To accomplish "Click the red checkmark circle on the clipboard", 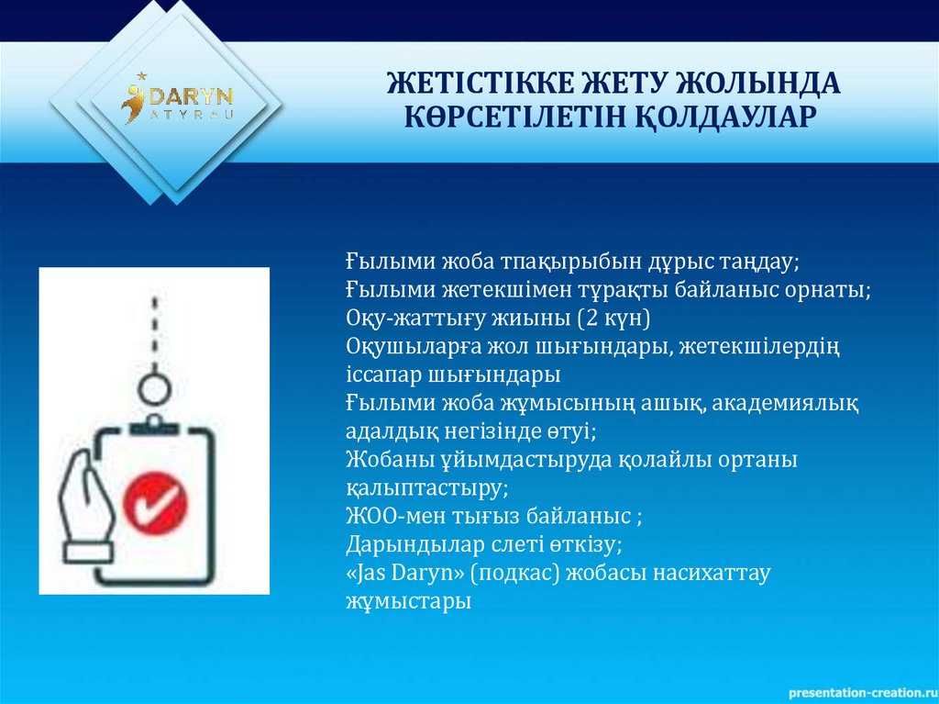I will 153,499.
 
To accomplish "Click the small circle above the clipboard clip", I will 156,389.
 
